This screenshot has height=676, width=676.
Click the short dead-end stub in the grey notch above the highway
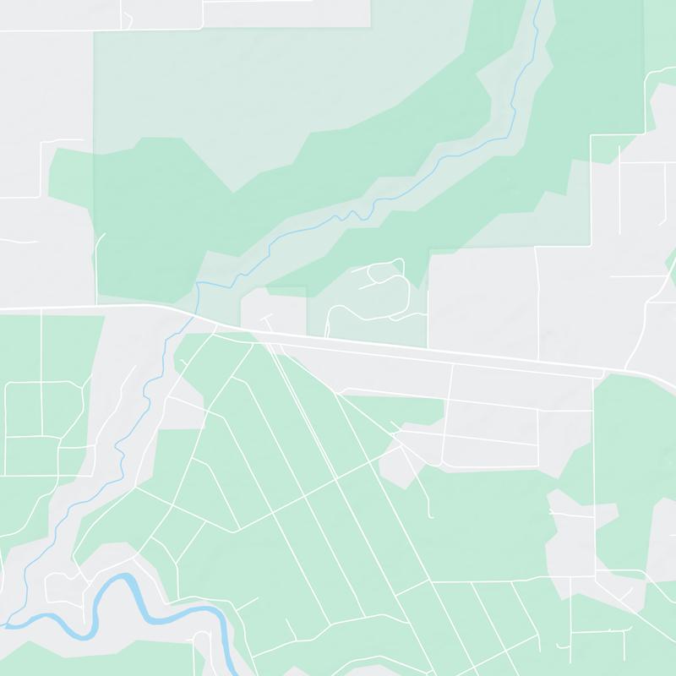pos(269,322)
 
